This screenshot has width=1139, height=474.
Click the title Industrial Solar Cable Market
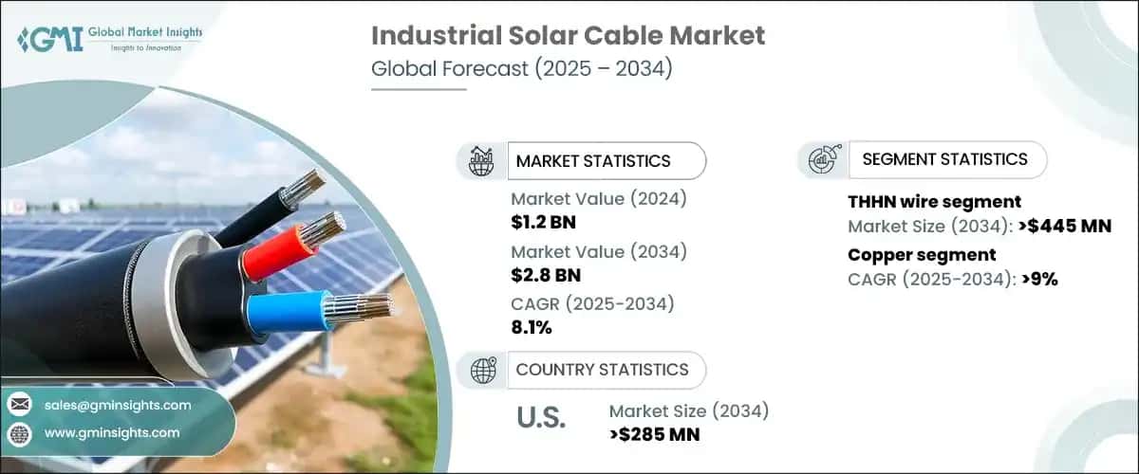(x=568, y=37)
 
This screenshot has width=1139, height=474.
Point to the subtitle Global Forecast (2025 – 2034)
(x=521, y=69)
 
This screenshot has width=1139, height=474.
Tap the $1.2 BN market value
(x=543, y=224)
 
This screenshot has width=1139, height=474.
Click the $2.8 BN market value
(x=544, y=276)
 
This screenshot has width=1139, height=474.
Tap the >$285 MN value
(x=654, y=434)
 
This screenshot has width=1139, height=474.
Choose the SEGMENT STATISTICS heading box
(x=943, y=159)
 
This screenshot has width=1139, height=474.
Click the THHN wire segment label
(x=934, y=201)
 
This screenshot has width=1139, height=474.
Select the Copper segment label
(x=921, y=254)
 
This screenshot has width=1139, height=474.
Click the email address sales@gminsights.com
(x=118, y=405)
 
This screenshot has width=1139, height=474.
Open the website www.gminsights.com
(x=111, y=432)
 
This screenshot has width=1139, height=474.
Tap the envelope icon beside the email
(x=20, y=405)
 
